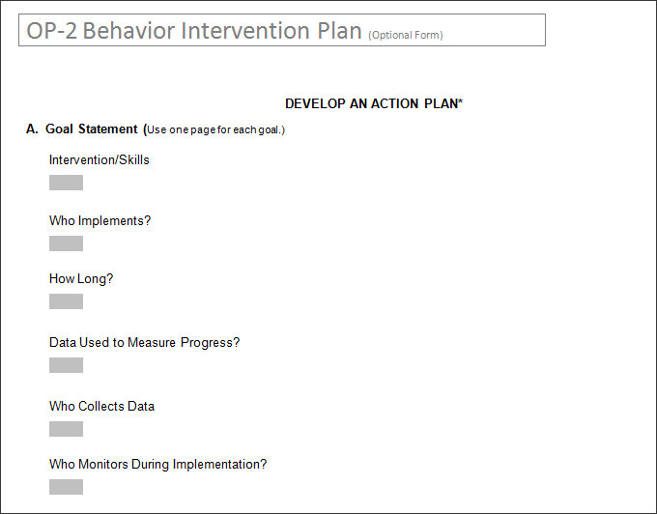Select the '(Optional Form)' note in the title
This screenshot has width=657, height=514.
(406, 36)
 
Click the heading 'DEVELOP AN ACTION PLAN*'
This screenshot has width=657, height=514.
(374, 103)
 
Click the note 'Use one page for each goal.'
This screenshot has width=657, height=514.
(215, 129)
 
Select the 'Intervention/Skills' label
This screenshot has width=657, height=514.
(100, 159)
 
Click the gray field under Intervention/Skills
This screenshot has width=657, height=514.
(66, 183)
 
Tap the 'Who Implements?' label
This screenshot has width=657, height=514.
(100, 220)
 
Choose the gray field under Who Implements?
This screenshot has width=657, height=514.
(66, 243)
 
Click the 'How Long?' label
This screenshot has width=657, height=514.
(81, 278)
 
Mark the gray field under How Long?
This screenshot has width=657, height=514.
(66, 301)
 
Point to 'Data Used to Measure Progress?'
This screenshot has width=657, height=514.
(144, 342)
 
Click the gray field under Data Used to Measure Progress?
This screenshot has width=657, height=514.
(66, 365)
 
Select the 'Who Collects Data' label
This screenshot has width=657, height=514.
(101, 406)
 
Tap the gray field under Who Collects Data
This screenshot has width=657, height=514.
(66, 429)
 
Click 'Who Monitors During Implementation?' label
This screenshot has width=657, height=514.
(157, 464)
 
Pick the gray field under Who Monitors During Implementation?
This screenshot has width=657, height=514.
(66, 487)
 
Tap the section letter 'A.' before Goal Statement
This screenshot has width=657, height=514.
(32, 128)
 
